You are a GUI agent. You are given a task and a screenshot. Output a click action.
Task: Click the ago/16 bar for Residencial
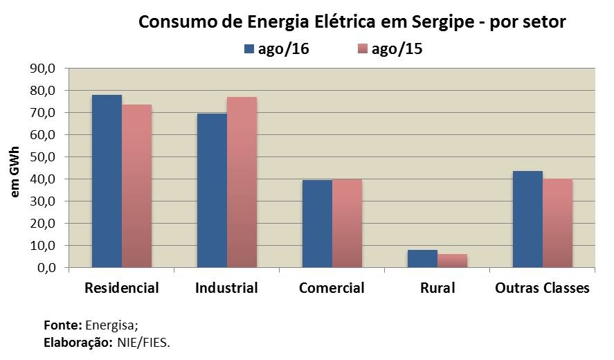point(107,181)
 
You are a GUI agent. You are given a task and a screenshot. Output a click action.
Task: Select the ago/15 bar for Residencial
point(136,186)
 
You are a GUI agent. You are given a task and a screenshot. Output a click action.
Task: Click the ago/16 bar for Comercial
point(317,224)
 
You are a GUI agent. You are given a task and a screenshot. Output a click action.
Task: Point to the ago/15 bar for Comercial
point(347,224)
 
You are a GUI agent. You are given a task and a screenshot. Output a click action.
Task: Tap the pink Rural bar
point(452,261)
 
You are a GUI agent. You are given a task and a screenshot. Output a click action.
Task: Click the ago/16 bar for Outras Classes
point(527,219)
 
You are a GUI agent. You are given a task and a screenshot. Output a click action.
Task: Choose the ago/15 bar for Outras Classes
point(557,224)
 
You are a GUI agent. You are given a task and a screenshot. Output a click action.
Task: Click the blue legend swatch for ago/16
point(249,48)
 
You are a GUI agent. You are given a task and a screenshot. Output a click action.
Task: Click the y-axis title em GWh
point(15,169)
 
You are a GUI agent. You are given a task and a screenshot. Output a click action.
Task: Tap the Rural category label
point(437,288)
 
